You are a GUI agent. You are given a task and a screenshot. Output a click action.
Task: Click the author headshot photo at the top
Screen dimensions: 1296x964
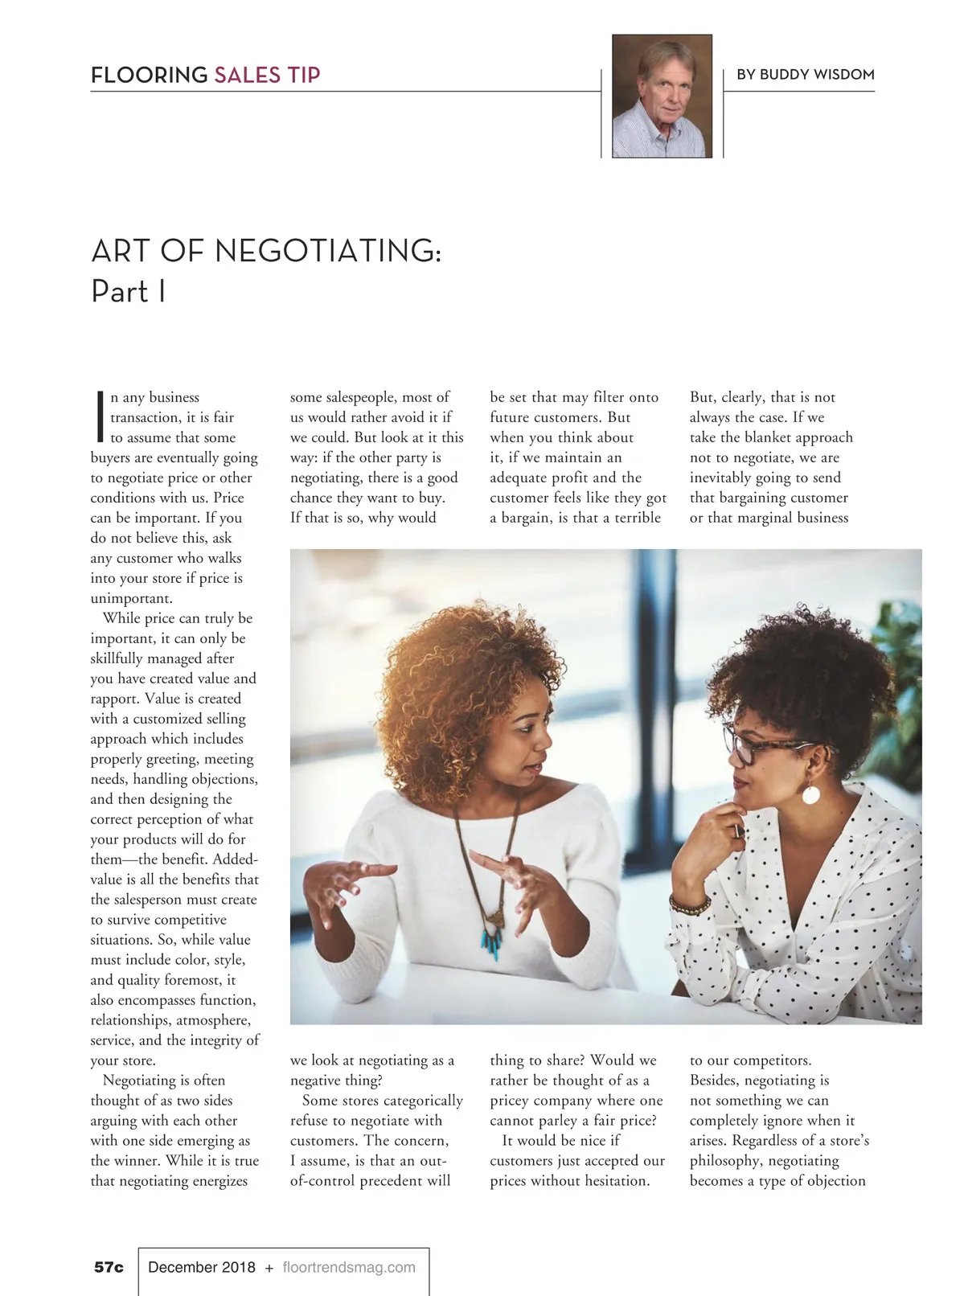click(x=662, y=96)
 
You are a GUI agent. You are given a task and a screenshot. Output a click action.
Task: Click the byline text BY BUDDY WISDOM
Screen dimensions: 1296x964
click(x=805, y=75)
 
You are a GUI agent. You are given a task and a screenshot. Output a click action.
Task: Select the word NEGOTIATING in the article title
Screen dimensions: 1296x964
click(x=327, y=251)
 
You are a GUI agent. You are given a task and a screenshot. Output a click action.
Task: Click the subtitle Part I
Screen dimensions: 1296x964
click(x=129, y=291)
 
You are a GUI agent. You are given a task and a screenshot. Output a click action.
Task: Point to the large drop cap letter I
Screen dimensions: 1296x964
click(x=100, y=416)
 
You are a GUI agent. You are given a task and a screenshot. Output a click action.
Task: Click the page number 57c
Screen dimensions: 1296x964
click(x=109, y=1267)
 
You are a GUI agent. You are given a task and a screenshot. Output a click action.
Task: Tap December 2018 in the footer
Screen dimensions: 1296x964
click(x=201, y=1267)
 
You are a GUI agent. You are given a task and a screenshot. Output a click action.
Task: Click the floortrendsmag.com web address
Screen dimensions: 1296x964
click(x=349, y=1267)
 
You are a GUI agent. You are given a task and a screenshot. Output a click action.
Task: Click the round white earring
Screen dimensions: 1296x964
click(x=810, y=794)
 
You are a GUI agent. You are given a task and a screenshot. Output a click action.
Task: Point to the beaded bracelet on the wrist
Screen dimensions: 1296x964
click(x=690, y=905)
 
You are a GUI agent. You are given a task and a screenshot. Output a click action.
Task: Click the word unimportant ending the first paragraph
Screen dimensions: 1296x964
click(x=131, y=598)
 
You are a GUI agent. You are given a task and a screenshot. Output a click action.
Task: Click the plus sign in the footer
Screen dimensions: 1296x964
click(x=269, y=1268)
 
